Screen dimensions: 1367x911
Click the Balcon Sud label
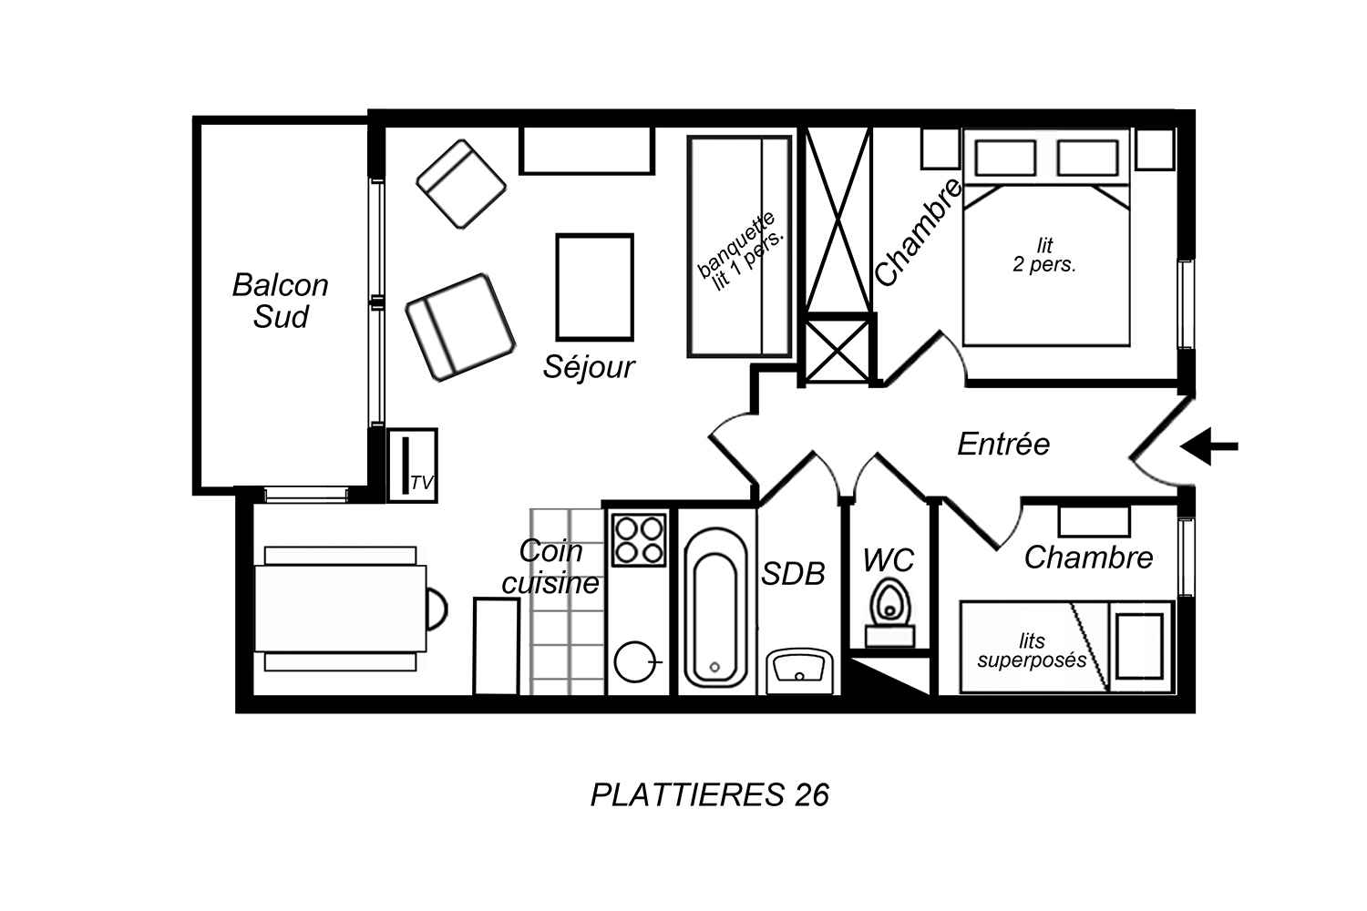pos(281,301)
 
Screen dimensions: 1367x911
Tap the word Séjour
pos(589,367)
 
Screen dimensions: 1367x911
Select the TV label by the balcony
pos(422,483)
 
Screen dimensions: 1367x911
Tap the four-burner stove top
pos(639,539)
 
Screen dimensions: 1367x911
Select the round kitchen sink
pos(634,662)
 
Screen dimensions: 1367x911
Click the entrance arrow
pos(1209,446)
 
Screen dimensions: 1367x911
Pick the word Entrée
pos(1003,445)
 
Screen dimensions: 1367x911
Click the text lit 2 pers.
pos(1044,255)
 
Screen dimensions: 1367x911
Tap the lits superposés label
pos(1032,650)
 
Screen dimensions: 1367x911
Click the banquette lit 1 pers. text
pos(740,251)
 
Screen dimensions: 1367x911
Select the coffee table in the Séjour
pos(594,287)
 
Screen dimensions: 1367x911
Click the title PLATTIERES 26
pos(710,795)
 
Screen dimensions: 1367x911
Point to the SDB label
pos(794,574)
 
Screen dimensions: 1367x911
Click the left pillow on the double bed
pos(1005,158)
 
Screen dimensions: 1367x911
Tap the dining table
pos(341,609)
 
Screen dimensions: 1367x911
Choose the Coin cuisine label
pos(551,568)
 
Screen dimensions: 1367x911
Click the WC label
pos(889,560)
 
